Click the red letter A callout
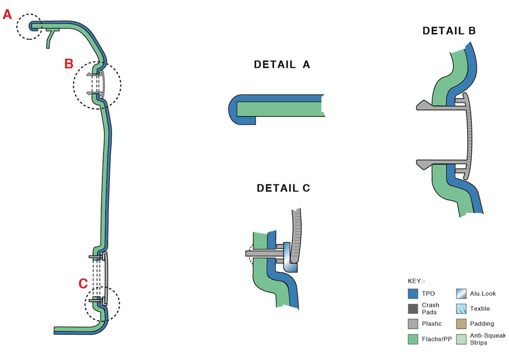7,14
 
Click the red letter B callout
68,64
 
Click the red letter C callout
83,284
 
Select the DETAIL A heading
282,65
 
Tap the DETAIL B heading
449,31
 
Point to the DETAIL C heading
283,188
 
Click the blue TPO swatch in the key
414,293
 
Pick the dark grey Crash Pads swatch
414,309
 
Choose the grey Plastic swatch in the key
414,324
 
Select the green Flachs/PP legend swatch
414,339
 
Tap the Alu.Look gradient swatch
461,293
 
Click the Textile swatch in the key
461,309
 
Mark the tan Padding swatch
461,324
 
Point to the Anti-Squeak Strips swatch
461,339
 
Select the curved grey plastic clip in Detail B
469,135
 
